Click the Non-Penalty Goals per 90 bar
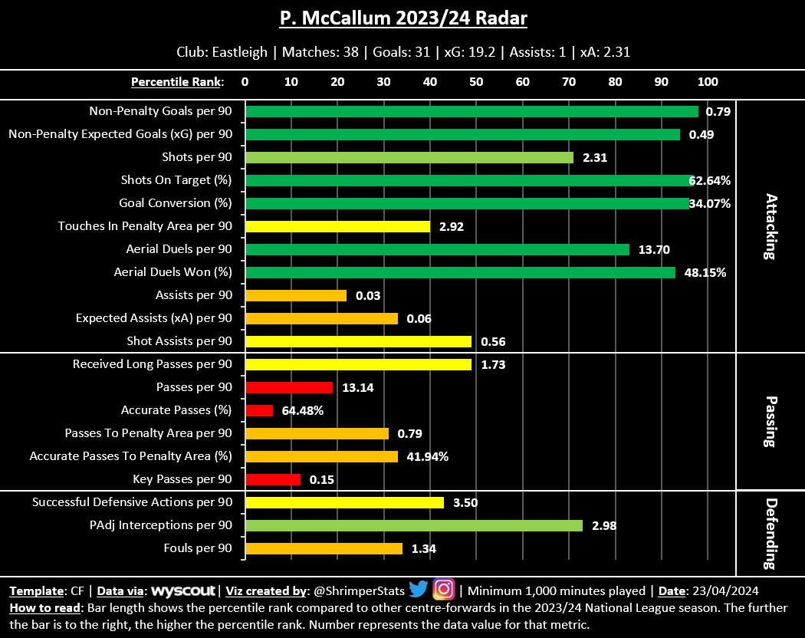pos(472,111)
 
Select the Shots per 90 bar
pos(409,157)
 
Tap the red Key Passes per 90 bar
pos(273,479)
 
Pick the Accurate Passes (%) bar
pos(259,410)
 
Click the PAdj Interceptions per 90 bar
pos(414,525)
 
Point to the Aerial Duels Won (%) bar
pos(460,272)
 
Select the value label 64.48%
pos(303,411)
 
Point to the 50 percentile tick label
pos(476,82)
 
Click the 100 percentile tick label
pos(708,82)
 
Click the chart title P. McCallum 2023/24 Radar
pos(402,18)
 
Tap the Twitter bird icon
pos(418,590)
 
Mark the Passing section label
pos(771,422)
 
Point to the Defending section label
pos(771,533)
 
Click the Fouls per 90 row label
pos(198,548)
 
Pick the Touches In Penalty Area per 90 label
pos(145,226)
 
